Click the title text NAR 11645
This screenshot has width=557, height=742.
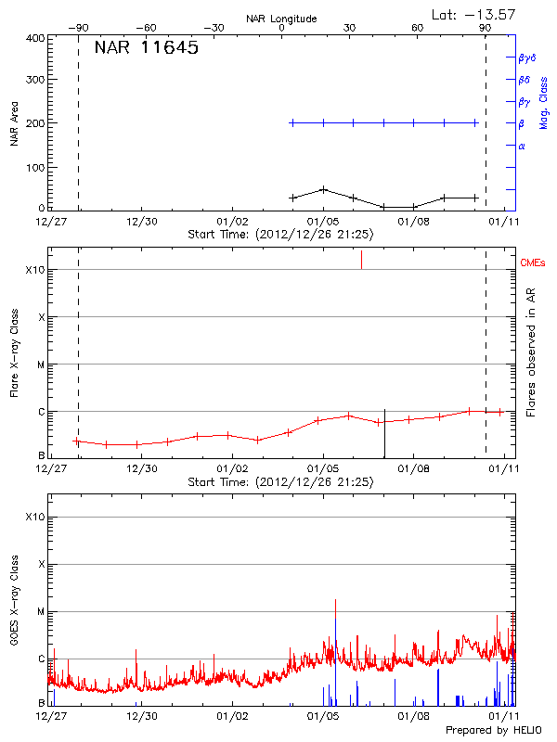pos(146,48)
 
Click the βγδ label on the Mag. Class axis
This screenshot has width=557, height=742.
pos(526,58)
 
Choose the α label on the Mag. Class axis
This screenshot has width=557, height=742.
pos(522,146)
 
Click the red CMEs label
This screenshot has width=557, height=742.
pos(534,263)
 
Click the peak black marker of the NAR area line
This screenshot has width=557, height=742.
pos(323,189)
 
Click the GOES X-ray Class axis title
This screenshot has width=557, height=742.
pos(15,608)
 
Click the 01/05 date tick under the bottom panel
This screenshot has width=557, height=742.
pos(322,716)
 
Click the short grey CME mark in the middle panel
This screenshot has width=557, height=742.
pos(361,260)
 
